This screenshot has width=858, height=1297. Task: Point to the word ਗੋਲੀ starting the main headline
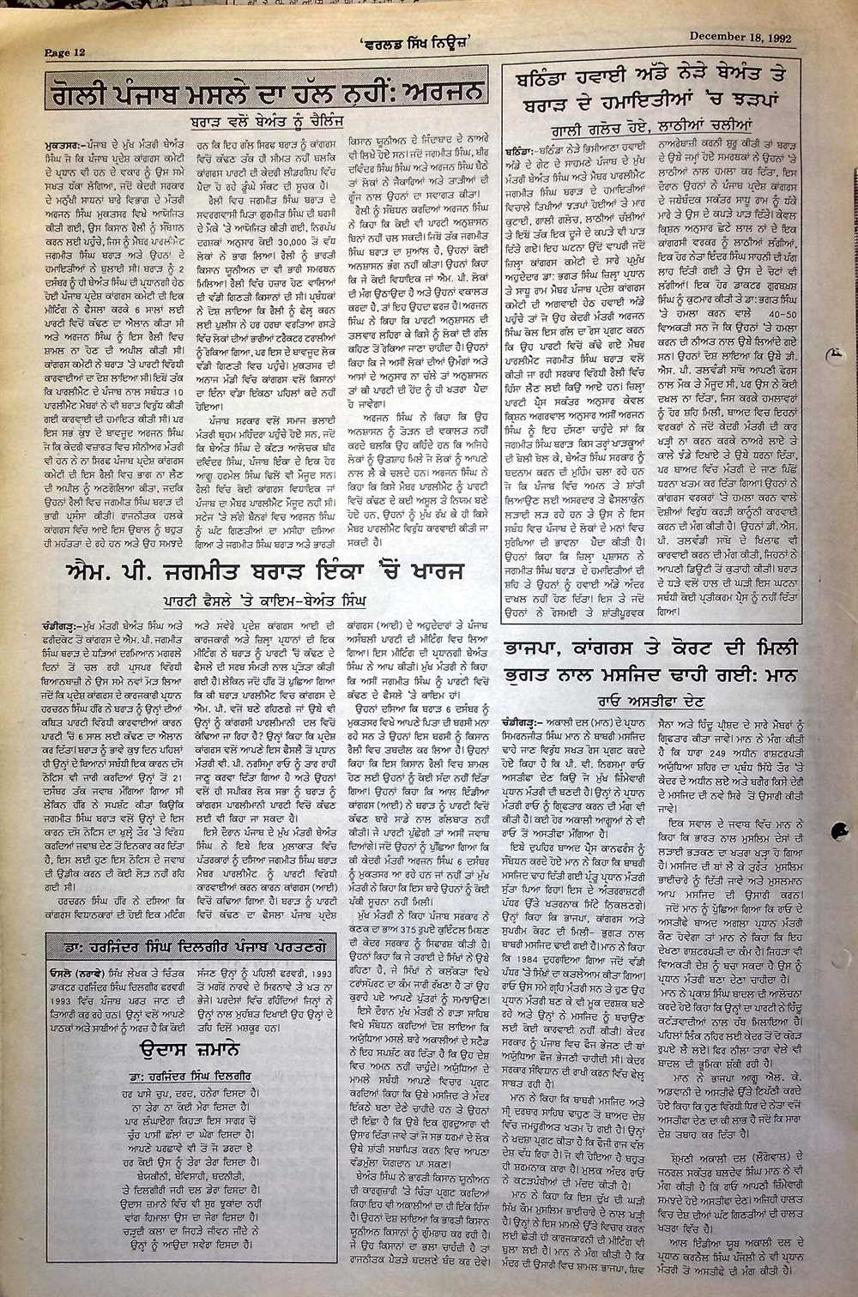point(76,93)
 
